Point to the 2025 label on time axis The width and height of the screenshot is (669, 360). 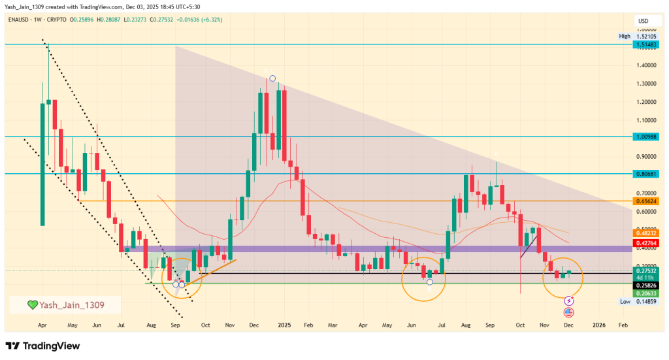click(x=284, y=324)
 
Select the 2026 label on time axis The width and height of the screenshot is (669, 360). click(x=598, y=324)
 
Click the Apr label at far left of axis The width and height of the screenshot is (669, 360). click(x=43, y=324)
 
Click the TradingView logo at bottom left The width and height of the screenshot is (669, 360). click(x=42, y=346)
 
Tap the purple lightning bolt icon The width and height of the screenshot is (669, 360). click(x=568, y=301)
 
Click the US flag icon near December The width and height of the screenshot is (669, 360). click(x=568, y=312)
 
